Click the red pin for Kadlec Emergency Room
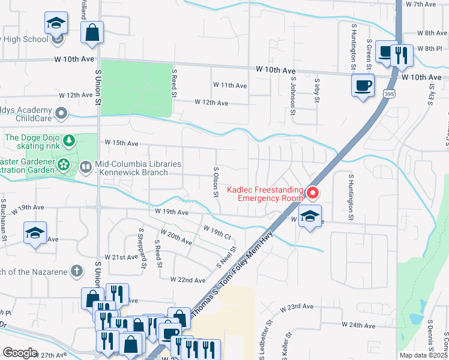(312, 193)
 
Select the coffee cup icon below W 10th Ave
(363, 85)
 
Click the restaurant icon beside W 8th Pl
(400, 55)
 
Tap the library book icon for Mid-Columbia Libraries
(86, 166)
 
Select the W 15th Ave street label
(121, 143)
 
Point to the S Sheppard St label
(143, 248)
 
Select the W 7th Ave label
(421, 4)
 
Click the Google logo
(20, 353)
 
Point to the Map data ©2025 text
(423, 355)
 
